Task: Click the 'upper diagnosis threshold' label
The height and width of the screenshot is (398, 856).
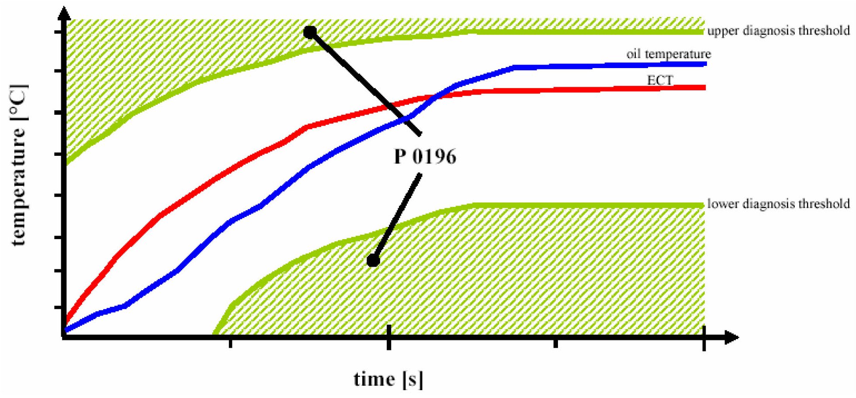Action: [x=778, y=31]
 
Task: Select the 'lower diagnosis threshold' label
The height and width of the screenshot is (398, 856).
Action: [x=778, y=204]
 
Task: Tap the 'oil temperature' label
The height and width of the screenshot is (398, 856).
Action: [x=669, y=54]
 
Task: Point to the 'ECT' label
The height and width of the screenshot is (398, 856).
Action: [x=660, y=80]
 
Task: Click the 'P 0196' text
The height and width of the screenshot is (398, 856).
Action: [x=425, y=156]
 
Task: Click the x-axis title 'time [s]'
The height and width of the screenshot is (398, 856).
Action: [x=388, y=379]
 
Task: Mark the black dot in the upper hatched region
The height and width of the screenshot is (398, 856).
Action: [x=310, y=32]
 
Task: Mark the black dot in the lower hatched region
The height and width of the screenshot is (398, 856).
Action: [x=373, y=261]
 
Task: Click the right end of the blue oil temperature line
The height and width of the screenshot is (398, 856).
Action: [x=704, y=64]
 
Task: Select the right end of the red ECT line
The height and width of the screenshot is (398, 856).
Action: [x=704, y=88]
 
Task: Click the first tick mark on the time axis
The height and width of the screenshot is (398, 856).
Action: [x=231, y=344]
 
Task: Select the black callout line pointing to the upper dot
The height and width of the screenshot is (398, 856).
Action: [x=365, y=83]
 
